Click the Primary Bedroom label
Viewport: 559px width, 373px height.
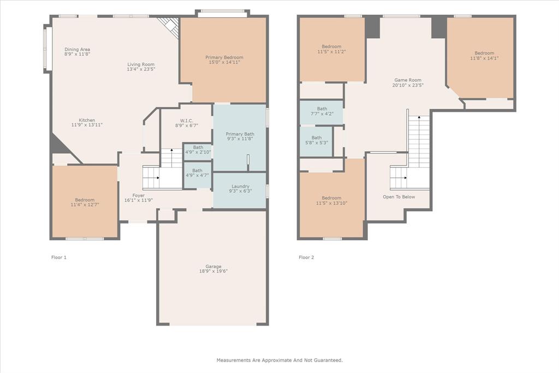click(x=224, y=57)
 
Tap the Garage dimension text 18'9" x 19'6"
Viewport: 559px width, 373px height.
click(x=213, y=271)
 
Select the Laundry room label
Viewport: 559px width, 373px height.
click(x=240, y=186)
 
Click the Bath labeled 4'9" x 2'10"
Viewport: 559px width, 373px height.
click(x=197, y=147)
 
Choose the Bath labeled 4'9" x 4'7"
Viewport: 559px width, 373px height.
click(x=197, y=170)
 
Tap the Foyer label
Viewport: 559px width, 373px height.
click(x=139, y=195)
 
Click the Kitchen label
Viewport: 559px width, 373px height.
click(x=87, y=120)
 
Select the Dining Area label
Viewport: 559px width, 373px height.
click(x=77, y=49)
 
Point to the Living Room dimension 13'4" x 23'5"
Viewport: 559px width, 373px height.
click(x=141, y=69)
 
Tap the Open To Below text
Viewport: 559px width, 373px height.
click(x=399, y=197)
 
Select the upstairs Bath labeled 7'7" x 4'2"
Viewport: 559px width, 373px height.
click(x=322, y=109)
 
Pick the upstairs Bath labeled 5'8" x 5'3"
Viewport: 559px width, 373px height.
click(x=317, y=138)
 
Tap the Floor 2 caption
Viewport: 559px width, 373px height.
click(x=306, y=257)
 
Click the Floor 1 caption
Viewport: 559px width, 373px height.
click(x=58, y=257)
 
